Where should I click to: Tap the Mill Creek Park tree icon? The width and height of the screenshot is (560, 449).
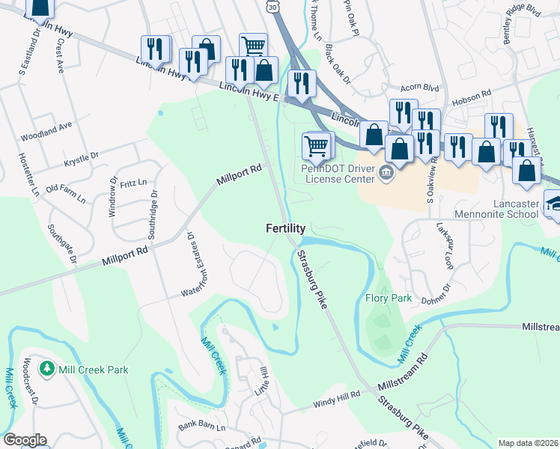click(x=47, y=369)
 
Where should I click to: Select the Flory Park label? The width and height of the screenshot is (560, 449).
click(x=389, y=298)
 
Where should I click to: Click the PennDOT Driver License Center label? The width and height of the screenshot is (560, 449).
click(x=341, y=174)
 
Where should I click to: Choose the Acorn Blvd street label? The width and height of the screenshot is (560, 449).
click(x=419, y=88)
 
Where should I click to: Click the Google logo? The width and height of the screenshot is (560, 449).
click(x=25, y=439)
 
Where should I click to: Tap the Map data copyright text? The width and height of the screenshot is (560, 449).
click(x=527, y=443)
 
